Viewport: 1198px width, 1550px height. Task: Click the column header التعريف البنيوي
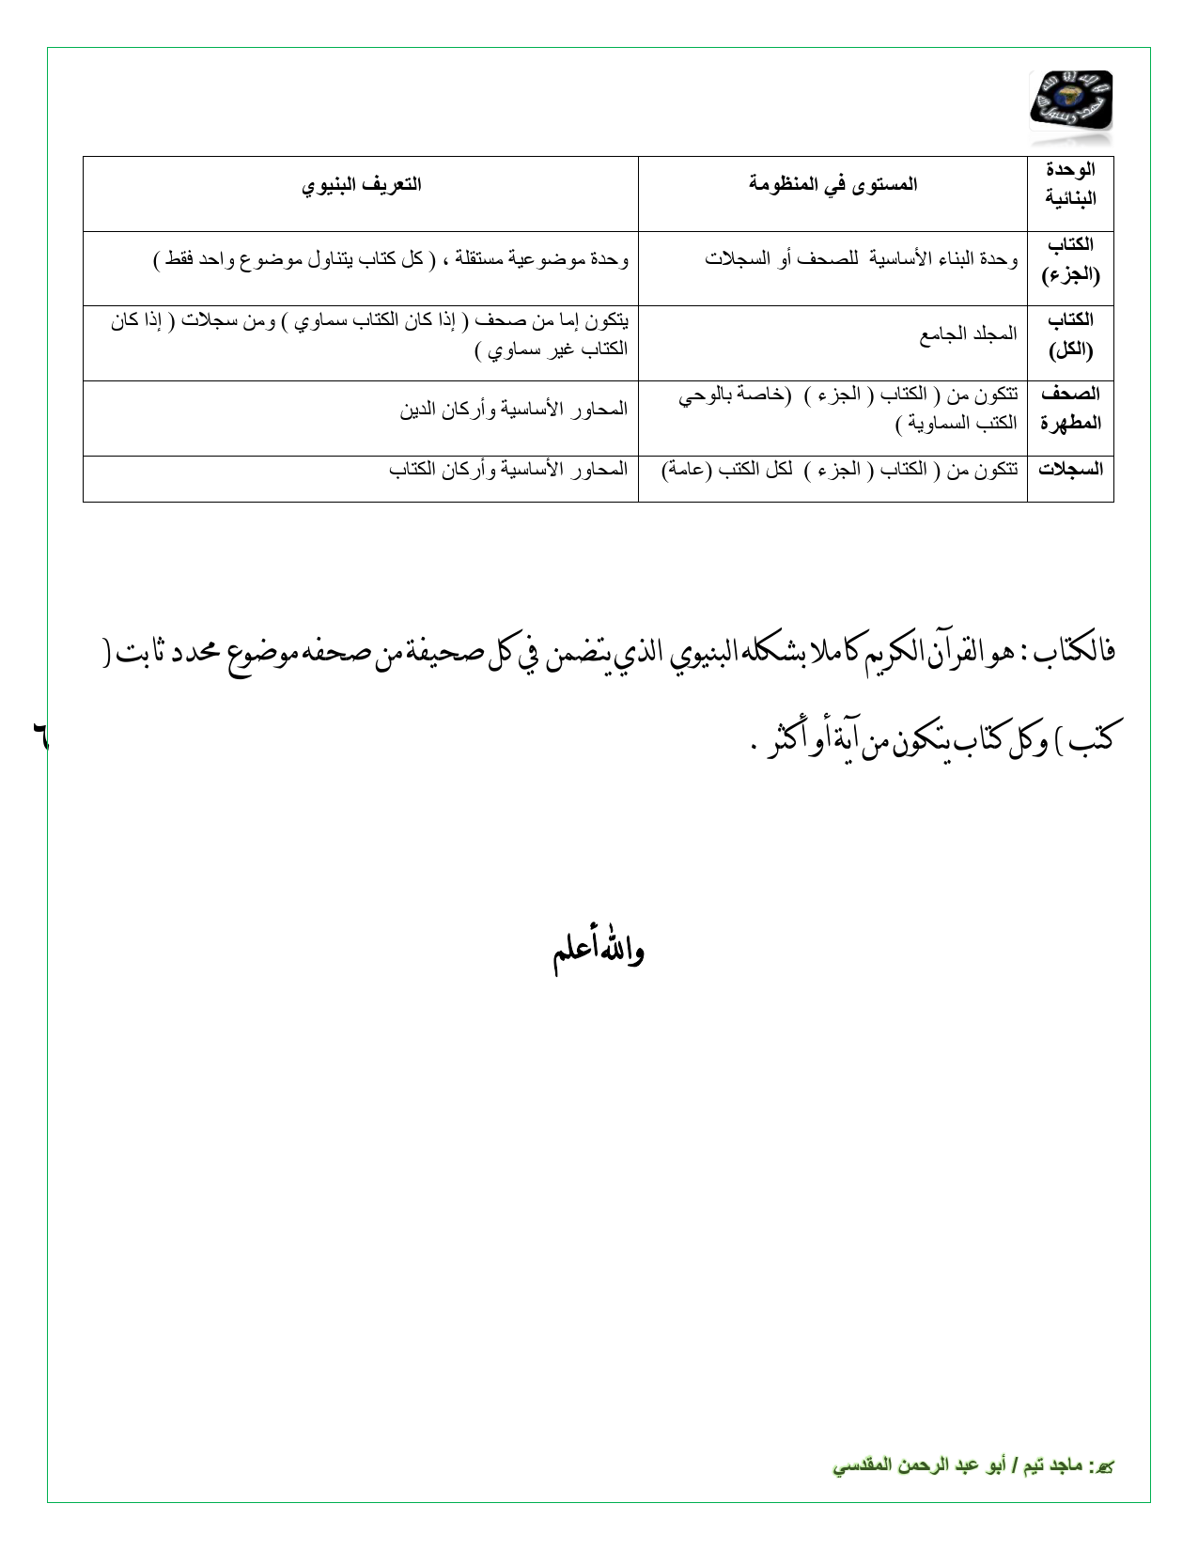362,184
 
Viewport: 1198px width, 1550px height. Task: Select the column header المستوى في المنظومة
832,184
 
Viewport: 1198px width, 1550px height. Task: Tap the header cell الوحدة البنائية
1070,184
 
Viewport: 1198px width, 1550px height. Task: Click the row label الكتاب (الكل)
1070,334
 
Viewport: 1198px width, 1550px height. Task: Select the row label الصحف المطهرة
1070,409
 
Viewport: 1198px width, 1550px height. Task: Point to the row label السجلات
1070,469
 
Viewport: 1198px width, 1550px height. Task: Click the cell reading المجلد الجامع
968,334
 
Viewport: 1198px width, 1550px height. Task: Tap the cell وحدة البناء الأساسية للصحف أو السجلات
862,259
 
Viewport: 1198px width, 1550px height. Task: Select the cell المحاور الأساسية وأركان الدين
513,410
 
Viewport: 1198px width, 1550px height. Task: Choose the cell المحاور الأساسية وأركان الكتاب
507,469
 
